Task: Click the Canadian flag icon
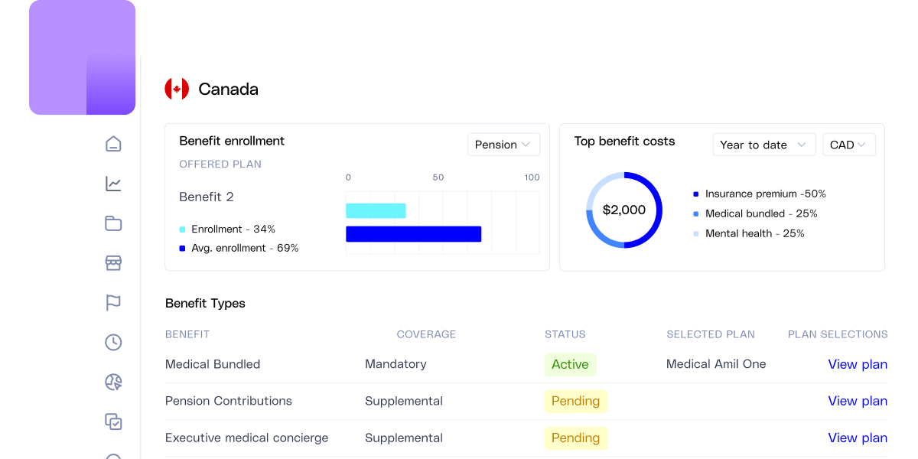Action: pyautogui.click(x=177, y=89)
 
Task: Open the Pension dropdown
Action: pyautogui.click(x=503, y=145)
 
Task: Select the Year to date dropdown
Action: pyautogui.click(x=763, y=145)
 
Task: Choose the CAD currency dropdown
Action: pyautogui.click(x=848, y=145)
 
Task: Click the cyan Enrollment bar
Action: pyautogui.click(x=376, y=210)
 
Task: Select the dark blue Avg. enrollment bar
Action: pyautogui.click(x=413, y=234)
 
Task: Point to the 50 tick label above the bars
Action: pyautogui.click(x=438, y=177)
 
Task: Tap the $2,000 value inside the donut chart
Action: pyautogui.click(x=624, y=210)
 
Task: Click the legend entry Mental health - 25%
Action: pyautogui.click(x=754, y=233)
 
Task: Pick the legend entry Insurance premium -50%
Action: pyautogui.click(x=765, y=194)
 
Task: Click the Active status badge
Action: pyautogui.click(x=570, y=364)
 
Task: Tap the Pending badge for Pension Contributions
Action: pyautogui.click(x=575, y=401)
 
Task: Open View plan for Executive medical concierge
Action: pyautogui.click(x=858, y=438)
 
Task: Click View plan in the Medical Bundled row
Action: pyautogui.click(x=858, y=364)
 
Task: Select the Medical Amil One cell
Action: pyautogui.click(x=716, y=364)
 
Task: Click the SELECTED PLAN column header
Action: pyautogui.click(x=711, y=334)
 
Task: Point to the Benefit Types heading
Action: pyautogui.click(x=205, y=303)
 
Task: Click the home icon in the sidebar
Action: pyautogui.click(x=113, y=144)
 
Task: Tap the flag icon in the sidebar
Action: pyautogui.click(x=113, y=303)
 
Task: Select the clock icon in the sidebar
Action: pyautogui.click(x=113, y=343)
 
